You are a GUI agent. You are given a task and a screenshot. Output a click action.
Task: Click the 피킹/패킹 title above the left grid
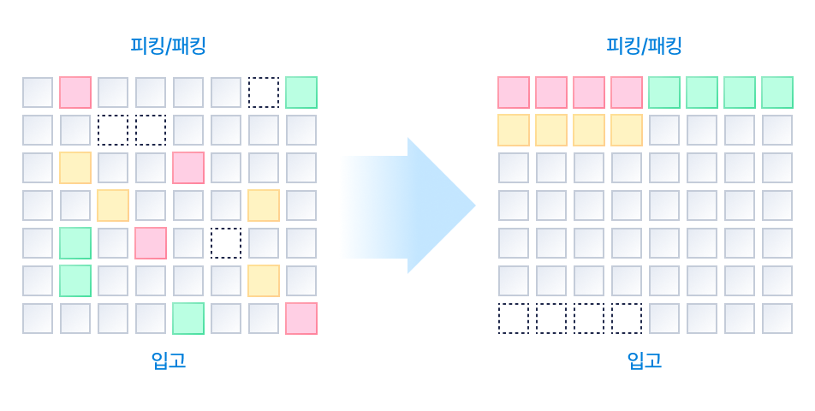[x=169, y=45]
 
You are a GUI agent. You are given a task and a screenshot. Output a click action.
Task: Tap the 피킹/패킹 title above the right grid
[x=644, y=45]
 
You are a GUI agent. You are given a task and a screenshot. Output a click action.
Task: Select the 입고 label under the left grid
[x=169, y=360]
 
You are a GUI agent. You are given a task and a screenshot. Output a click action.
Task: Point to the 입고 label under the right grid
[x=644, y=360]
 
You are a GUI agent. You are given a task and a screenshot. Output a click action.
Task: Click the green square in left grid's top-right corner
[x=301, y=92]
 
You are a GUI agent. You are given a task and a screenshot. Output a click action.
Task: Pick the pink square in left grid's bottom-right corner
[x=301, y=319]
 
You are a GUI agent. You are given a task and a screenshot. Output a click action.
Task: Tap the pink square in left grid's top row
[x=75, y=92]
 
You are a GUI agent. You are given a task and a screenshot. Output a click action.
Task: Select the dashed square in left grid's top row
[x=264, y=92]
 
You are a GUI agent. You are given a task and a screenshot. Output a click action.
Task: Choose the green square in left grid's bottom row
[x=188, y=319]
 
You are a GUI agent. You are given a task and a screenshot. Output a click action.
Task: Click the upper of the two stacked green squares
[x=75, y=243]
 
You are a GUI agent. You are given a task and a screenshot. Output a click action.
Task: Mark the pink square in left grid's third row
[x=188, y=168]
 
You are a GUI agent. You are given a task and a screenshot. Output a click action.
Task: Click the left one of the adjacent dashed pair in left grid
[x=113, y=130]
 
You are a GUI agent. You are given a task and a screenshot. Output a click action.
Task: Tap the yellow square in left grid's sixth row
[x=264, y=281]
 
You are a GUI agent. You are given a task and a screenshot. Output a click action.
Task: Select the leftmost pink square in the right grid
[x=514, y=92]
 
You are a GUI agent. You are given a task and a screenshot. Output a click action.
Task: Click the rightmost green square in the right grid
[x=777, y=92]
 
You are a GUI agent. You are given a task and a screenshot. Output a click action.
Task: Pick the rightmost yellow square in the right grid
[x=627, y=130]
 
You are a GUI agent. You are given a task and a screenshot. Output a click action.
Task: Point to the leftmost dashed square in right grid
[x=514, y=319]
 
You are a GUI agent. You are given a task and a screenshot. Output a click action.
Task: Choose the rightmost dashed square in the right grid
[x=627, y=319]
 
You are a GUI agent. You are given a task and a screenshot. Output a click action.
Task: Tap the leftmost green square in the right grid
[x=664, y=92]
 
